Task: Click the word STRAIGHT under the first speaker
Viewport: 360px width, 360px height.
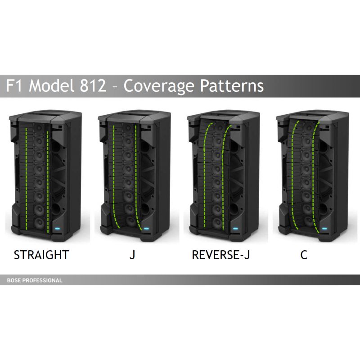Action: click(41, 255)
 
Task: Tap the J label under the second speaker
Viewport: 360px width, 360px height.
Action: click(132, 255)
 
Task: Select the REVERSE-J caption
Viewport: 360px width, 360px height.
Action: click(220, 255)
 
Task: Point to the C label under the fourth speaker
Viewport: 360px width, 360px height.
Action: click(304, 255)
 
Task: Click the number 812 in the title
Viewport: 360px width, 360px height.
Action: click(93, 85)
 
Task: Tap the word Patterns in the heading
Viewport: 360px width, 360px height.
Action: click(232, 85)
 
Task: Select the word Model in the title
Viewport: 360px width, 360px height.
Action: click(51, 85)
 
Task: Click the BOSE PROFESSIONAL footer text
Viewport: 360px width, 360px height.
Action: click(35, 280)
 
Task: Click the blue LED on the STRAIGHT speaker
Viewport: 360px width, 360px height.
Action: click(58, 229)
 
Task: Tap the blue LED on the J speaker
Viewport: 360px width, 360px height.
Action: click(146, 229)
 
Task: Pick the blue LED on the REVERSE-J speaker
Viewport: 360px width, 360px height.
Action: click(235, 229)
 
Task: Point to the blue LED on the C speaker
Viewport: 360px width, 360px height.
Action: click(324, 229)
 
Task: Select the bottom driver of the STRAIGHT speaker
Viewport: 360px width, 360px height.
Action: click(39, 222)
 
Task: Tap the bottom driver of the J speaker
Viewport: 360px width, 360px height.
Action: click(130, 221)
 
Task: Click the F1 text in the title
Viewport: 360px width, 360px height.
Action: click(14, 85)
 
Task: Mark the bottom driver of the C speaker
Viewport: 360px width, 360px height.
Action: click(309, 221)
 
